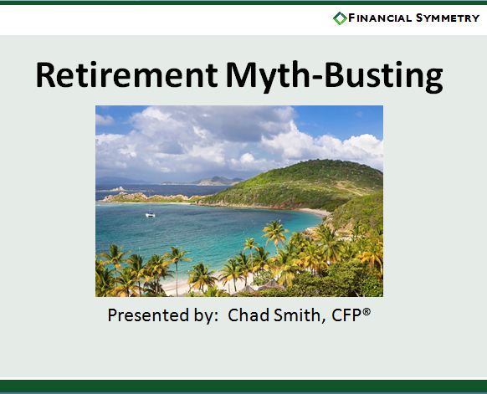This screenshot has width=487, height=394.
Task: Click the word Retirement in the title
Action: tap(126, 74)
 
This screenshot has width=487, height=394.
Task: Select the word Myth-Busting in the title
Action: tap(334, 77)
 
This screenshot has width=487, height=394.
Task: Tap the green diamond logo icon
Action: tap(340, 18)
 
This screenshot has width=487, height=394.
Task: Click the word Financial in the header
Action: tap(380, 18)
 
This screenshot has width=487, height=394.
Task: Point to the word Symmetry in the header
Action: tap(448, 18)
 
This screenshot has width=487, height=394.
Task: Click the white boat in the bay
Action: tap(150, 214)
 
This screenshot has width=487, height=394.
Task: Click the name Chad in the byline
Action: tap(249, 315)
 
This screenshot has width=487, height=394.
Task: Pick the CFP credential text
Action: tap(346, 315)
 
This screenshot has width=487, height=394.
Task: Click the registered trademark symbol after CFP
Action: tap(367, 311)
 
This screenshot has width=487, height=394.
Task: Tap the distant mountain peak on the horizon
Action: tap(218, 177)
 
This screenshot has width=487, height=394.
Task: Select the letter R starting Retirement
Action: tap(45, 75)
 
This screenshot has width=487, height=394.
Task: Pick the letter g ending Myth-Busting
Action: tap(433, 81)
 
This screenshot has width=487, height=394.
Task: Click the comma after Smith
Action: tap(323, 320)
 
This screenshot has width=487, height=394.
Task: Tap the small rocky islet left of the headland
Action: tap(118, 189)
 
